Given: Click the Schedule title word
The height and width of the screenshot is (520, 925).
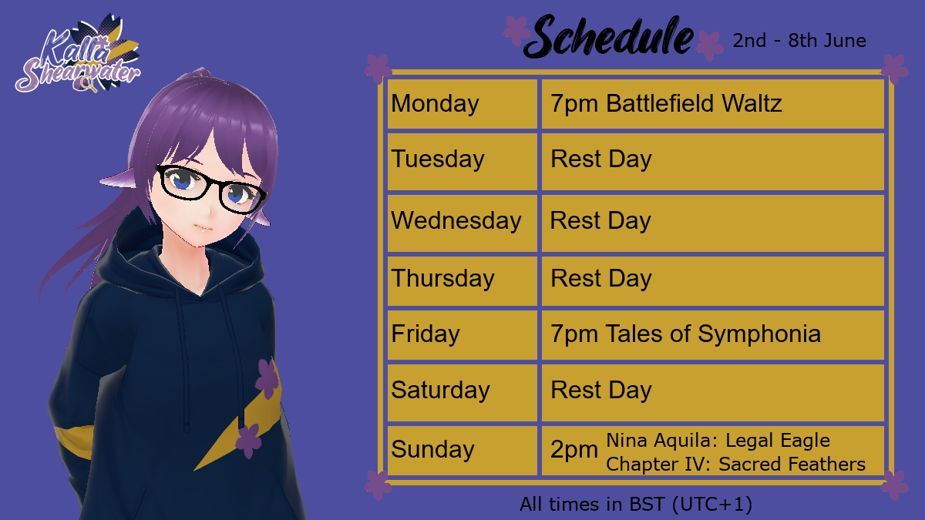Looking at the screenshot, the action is tap(609, 36).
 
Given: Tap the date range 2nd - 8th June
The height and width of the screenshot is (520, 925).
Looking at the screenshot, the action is tap(799, 40).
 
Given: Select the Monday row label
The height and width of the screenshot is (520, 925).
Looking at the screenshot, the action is tap(435, 103).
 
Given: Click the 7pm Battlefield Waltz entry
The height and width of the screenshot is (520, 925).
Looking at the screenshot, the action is tap(666, 103).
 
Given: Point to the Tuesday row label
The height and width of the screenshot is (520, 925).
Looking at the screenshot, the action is tap(438, 159).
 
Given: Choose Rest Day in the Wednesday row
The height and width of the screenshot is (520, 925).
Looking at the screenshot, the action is tap(600, 221).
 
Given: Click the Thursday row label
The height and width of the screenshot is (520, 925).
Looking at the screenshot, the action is tap(442, 279).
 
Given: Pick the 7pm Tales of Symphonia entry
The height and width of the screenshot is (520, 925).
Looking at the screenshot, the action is tap(685, 334).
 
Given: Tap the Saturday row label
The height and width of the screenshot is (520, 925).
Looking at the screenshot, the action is tap(440, 390).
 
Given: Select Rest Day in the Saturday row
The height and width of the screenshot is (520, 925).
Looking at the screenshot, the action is tap(600, 390).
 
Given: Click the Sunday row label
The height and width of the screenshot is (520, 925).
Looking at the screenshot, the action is tap(432, 449).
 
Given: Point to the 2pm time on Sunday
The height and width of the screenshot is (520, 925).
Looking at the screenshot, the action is tap(574, 450).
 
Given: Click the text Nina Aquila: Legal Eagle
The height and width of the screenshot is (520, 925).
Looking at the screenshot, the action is tap(718, 441).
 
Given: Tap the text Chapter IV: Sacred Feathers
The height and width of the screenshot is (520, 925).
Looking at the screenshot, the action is tap(735, 464).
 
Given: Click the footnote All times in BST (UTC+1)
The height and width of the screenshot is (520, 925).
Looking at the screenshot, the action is tap(636, 505).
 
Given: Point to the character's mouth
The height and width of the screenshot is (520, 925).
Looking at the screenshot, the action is tap(203, 228).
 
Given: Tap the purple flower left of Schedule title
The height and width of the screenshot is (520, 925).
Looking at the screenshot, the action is tap(516, 30).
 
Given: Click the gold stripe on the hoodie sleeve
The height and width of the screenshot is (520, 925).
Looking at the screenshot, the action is tap(73, 441).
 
